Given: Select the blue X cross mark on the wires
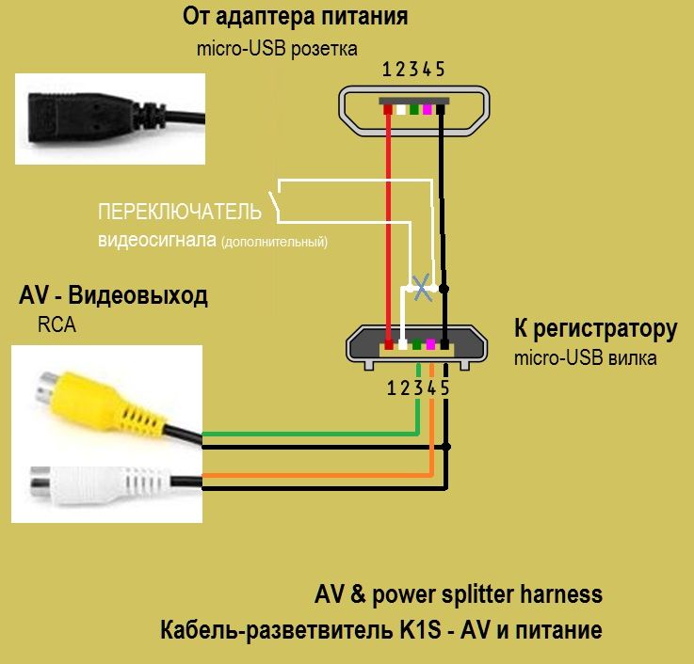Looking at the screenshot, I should pos(424,288).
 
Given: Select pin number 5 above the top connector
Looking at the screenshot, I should pos(440,69).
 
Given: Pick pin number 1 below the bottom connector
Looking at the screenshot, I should pos(390,387).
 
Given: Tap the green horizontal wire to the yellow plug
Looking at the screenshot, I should pos(311,434).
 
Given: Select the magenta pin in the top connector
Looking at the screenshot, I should pos(428,109).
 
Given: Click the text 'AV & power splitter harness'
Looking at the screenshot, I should pos(458,594).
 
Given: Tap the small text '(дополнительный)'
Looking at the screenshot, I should pos(274,243).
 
